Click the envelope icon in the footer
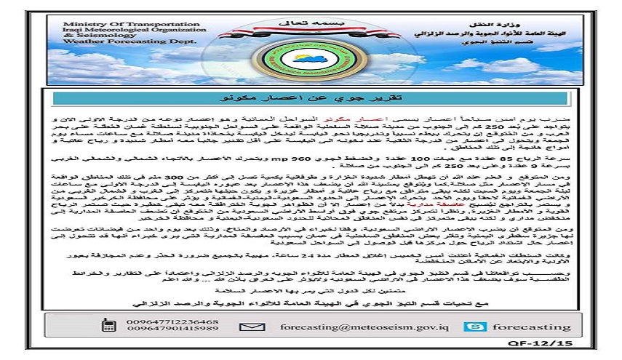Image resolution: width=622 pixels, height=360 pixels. [252, 327]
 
